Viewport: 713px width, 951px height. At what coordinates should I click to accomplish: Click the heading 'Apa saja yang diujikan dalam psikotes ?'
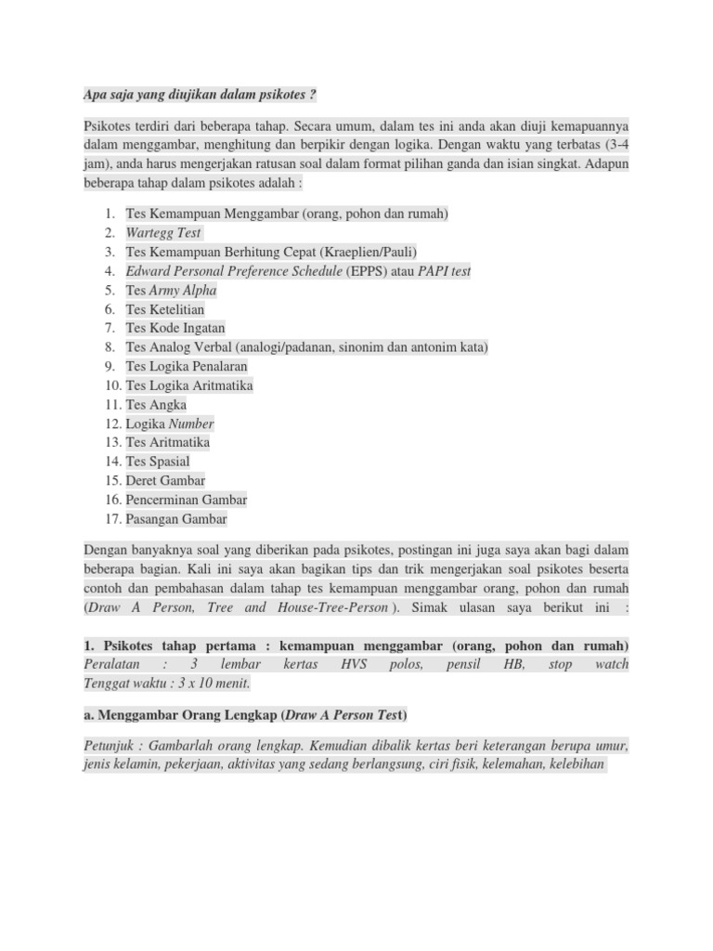click(x=201, y=95)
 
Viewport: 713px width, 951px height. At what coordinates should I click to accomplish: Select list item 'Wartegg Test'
click(x=163, y=232)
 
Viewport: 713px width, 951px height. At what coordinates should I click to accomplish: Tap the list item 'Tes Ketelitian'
click(x=165, y=308)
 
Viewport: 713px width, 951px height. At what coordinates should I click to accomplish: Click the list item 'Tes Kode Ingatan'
click(x=175, y=328)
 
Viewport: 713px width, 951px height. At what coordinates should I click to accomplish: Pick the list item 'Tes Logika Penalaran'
click(x=187, y=366)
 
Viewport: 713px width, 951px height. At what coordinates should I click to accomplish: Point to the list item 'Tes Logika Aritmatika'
click(x=189, y=385)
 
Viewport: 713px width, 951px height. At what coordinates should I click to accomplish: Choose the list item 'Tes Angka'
click(x=156, y=404)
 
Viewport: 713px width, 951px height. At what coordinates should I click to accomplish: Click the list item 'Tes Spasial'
click(x=158, y=462)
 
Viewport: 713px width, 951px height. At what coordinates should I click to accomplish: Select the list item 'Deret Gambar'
click(x=165, y=480)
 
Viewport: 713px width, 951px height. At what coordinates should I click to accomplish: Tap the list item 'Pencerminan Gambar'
click(x=187, y=500)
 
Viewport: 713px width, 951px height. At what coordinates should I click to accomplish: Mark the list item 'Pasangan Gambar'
click(x=176, y=519)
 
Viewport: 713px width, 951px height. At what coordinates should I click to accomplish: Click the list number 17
click(x=112, y=519)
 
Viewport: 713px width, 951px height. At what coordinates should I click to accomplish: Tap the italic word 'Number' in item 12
click(x=190, y=423)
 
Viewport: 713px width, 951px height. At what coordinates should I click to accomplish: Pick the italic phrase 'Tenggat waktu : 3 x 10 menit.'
click(x=167, y=684)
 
